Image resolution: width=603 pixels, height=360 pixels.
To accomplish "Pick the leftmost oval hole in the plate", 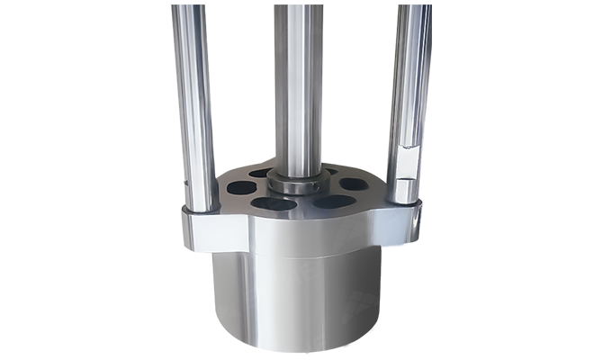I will pos(241,188).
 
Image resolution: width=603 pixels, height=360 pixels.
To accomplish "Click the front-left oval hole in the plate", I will pos(274,203).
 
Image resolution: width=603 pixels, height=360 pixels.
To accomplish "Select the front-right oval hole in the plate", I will pos(333,202).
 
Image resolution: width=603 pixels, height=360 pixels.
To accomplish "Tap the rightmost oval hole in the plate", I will pos(355,184).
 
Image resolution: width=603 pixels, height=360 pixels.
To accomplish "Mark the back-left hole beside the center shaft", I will pos(263,173).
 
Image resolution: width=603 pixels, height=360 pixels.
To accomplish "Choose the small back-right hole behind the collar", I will pos(330,171).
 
